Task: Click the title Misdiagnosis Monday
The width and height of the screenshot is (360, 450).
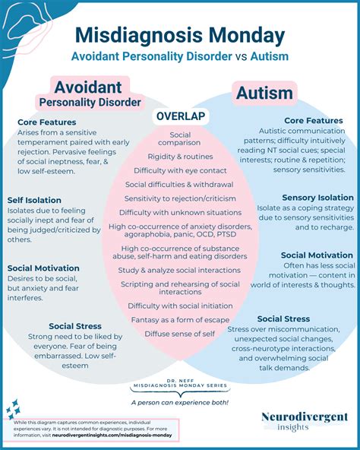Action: tap(180, 35)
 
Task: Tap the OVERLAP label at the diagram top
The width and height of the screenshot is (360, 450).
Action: tap(179, 116)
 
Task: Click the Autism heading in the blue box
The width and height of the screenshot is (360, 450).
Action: tap(264, 93)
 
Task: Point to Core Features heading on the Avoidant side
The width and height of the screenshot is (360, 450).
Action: tap(48, 121)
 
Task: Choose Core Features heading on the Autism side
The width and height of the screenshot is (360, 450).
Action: tap(314, 121)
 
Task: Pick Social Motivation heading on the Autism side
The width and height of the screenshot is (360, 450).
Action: tap(316, 255)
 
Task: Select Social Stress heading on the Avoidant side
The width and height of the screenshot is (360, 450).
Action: tap(76, 326)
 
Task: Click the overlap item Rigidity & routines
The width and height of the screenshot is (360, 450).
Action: tap(180, 157)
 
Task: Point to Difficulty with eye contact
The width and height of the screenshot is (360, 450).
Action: tap(180, 170)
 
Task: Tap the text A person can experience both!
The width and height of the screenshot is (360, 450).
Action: tap(179, 402)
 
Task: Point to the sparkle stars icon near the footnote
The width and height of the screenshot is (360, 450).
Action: tap(13, 411)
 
